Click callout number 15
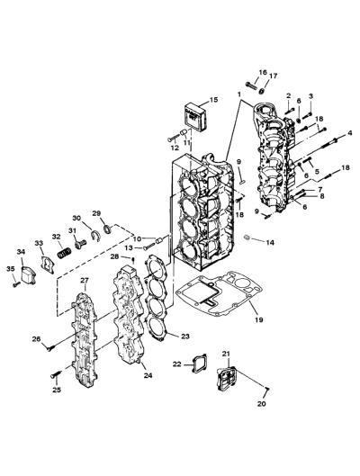pos(213,100)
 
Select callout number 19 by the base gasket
pos(259,319)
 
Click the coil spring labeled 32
pos(65,253)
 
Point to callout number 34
pos(21,252)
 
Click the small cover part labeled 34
pos(29,274)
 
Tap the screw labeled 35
pos(16,284)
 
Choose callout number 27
pos(84,280)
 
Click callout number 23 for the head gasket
pos(185,336)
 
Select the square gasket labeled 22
pos(199,363)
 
